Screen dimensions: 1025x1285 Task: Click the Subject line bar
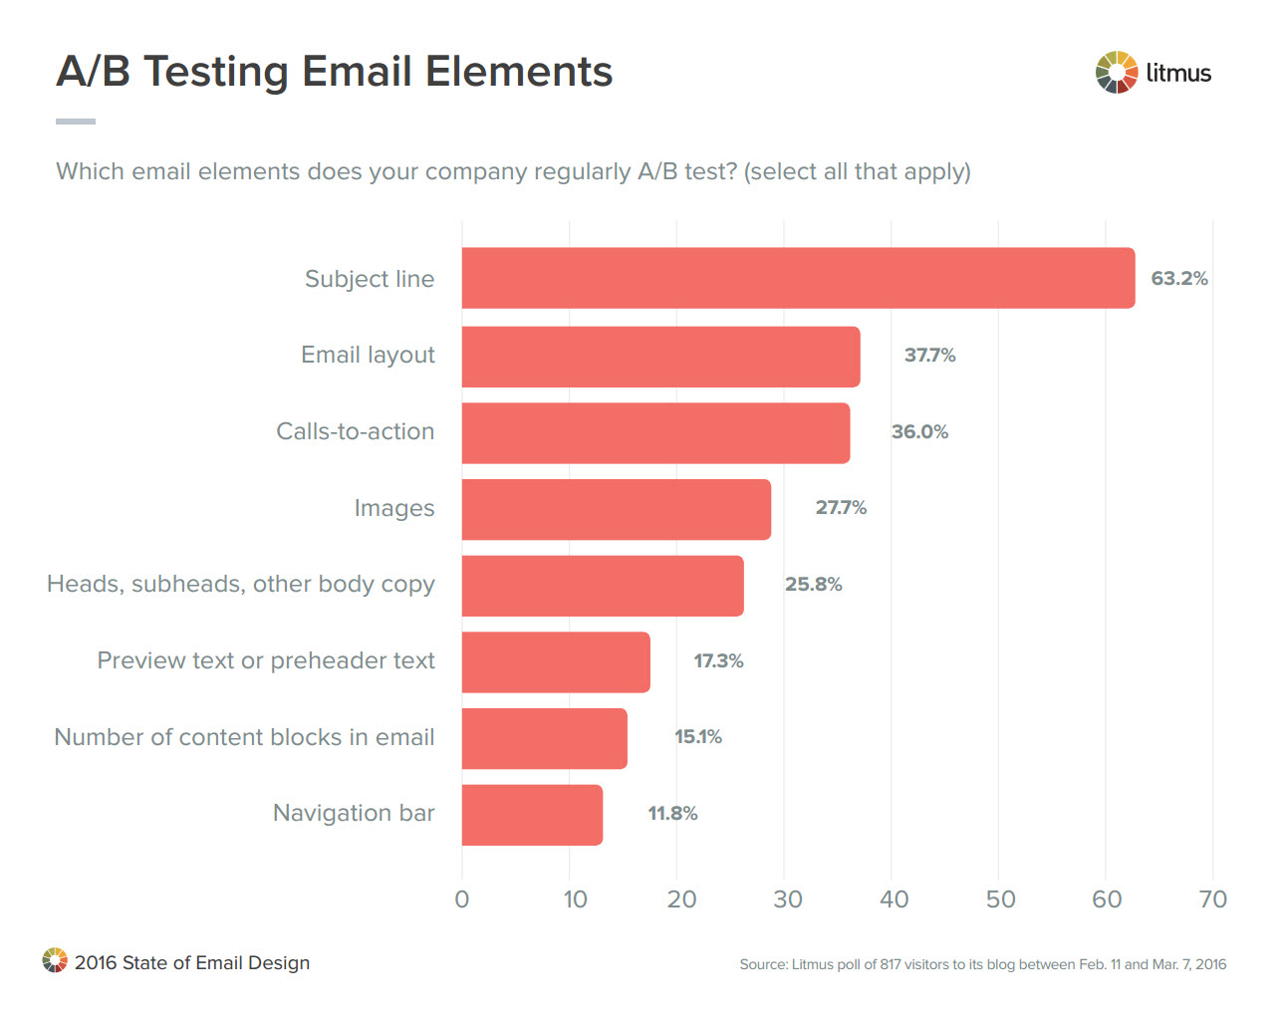coord(797,278)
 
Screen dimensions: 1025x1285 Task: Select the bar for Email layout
coord(660,356)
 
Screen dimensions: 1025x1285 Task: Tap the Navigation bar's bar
coord(532,815)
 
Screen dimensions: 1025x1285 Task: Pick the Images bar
coord(616,509)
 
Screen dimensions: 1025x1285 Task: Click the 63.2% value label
coord(1178,278)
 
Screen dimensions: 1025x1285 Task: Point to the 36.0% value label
coord(919,431)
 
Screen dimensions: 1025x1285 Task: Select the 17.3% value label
coord(718,660)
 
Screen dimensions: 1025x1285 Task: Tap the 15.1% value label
coord(697,737)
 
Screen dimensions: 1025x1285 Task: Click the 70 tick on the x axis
coord(1212,899)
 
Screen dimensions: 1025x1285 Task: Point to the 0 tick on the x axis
coord(462,899)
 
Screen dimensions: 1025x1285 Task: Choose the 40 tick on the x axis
coord(894,899)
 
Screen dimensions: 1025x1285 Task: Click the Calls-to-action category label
coord(355,431)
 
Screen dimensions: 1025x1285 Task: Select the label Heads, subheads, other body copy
coord(241,584)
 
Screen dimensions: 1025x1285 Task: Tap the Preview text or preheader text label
coord(266,660)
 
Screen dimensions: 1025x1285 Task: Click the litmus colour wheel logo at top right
coord(1116,72)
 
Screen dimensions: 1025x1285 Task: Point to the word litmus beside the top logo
coord(1178,73)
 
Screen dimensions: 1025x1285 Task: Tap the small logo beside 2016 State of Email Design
coord(55,960)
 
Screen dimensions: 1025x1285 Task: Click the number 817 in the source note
coord(891,964)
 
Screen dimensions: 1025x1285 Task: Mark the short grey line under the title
coord(76,122)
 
